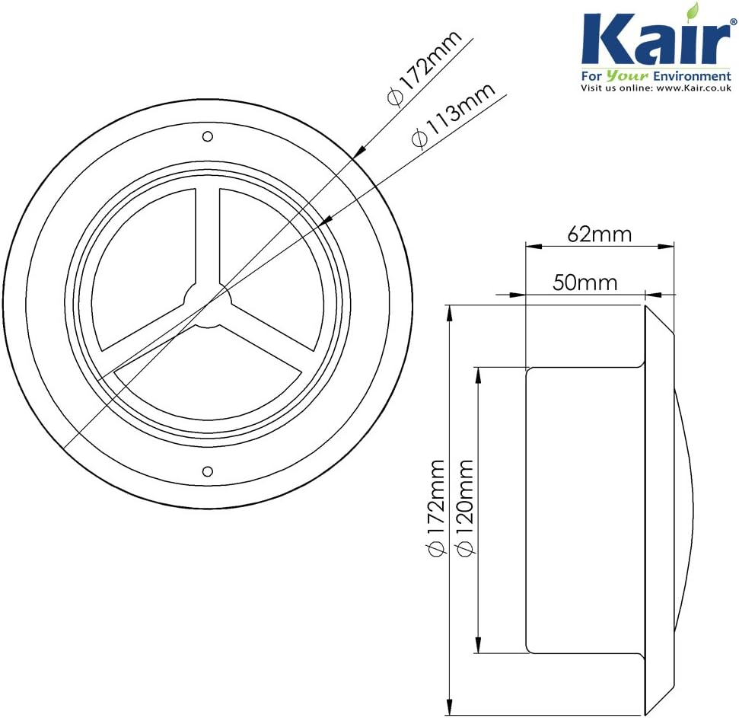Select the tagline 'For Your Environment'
(x=655, y=76)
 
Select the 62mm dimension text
(x=600, y=234)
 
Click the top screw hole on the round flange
(x=207, y=136)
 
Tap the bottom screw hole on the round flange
(x=207, y=470)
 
